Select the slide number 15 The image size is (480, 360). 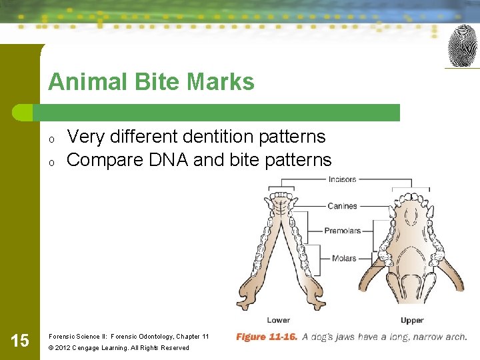[x=20, y=341]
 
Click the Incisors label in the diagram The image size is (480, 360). [x=342, y=179]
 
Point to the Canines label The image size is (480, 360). [x=342, y=206]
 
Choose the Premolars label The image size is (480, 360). [x=342, y=231]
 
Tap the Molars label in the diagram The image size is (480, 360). [x=343, y=258]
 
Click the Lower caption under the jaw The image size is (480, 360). [x=278, y=321]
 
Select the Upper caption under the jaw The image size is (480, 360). [x=412, y=321]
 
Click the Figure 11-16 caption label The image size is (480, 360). [x=267, y=337]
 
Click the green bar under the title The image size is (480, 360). [x=220, y=113]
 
